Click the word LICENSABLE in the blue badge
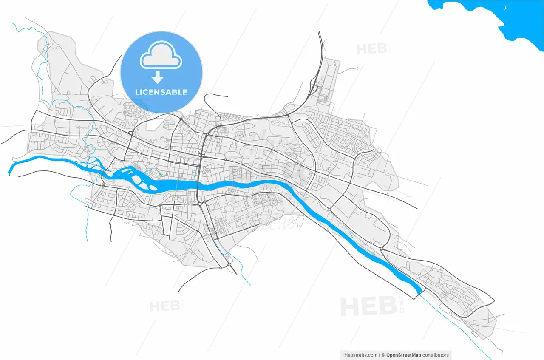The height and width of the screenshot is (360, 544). (161, 92)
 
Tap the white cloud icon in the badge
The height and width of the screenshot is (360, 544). (161, 56)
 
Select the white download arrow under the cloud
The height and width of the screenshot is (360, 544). (158, 77)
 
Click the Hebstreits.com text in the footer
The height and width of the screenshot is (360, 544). (361, 355)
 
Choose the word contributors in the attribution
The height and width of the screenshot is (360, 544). (434, 355)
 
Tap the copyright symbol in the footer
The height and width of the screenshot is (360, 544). (383, 355)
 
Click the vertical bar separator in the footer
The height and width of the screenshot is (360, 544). (379, 355)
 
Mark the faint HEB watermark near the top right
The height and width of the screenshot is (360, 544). (372, 49)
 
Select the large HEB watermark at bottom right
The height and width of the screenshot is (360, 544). (368, 307)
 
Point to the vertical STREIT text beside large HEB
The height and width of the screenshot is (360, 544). (402, 304)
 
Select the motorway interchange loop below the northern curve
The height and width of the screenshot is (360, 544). (314, 88)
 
